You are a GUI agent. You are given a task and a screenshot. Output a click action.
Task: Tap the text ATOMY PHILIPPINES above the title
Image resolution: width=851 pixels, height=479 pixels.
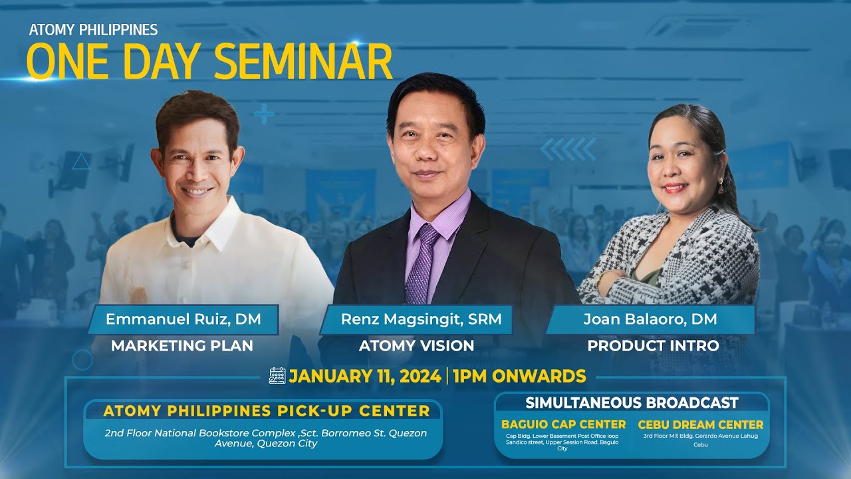pyautogui.click(x=93, y=30)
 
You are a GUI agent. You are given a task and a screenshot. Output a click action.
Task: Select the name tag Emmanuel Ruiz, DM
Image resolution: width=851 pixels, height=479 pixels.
pyautogui.click(x=183, y=319)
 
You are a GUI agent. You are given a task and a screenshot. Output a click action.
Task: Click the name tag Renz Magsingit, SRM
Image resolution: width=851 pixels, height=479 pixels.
pyautogui.click(x=417, y=319)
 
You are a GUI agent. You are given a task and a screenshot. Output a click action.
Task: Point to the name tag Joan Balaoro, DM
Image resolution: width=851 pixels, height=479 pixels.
pyautogui.click(x=650, y=319)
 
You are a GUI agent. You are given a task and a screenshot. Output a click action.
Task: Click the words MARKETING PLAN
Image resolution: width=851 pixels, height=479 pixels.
pyautogui.click(x=182, y=346)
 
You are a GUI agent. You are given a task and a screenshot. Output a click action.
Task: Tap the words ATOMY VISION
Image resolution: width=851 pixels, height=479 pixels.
pyautogui.click(x=416, y=346)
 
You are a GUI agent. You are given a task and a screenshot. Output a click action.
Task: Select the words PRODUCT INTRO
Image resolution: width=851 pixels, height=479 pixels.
pyautogui.click(x=652, y=346)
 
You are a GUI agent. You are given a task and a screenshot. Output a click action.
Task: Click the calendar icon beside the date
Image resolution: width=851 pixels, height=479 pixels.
pyautogui.click(x=277, y=376)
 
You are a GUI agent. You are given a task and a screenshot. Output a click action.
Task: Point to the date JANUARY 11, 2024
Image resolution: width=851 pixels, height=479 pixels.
pyautogui.click(x=364, y=376)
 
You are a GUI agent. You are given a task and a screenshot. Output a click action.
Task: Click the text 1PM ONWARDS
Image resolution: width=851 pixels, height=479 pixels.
pyautogui.click(x=519, y=376)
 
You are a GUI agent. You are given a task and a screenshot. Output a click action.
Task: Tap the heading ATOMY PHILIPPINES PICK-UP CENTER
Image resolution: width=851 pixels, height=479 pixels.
pyautogui.click(x=267, y=411)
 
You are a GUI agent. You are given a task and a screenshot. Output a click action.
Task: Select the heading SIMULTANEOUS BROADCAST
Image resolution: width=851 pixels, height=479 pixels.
pyautogui.click(x=632, y=402)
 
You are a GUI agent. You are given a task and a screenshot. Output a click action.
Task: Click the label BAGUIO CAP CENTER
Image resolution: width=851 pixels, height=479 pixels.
pyautogui.click(x=563, y=424)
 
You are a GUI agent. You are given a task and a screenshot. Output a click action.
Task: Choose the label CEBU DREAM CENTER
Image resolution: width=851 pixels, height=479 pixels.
pyautogui.click(x=700, y=424)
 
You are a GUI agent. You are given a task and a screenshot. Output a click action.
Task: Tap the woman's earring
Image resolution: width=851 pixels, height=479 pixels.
pyautogui.click(x=720, y=187)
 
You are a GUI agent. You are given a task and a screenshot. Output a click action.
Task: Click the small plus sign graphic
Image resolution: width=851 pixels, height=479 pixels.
pyautogui.click(x=264, y=114)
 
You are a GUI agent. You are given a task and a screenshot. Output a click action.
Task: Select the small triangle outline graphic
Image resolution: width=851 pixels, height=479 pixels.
pyautogui.click(x=80, y=161)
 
